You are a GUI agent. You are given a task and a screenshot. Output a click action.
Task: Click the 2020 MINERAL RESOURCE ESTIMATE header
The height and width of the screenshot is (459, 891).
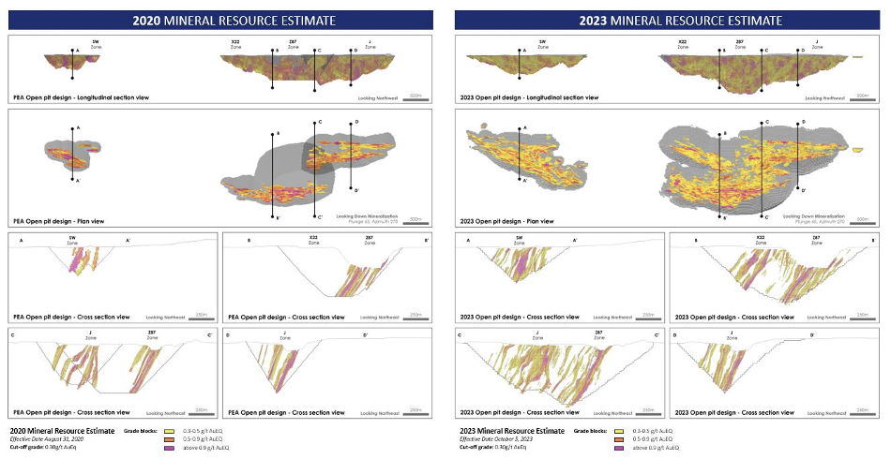pyautogui.click(x=221, y=18)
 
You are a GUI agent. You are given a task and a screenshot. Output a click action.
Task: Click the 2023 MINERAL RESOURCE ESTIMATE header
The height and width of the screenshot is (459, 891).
pyautogui.click(x=667, y=18)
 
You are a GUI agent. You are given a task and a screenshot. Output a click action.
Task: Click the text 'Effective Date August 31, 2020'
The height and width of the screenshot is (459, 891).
pyautogui.click(x=48, y=438)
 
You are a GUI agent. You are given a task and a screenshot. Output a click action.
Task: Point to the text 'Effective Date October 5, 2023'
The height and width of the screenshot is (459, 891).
pyautogui.click(x=494, y=438)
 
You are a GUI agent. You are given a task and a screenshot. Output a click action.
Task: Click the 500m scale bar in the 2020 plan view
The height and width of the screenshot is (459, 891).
pyautogui.click(x=415, y=221)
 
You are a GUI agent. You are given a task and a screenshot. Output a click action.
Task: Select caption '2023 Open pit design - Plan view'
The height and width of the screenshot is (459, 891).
pyautogui.click(x=497, y=221)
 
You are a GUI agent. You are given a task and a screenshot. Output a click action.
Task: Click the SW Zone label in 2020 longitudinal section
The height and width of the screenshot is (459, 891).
pyautogui.click(x=95, y=44)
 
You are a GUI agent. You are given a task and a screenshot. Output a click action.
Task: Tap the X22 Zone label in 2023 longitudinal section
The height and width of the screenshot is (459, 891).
pyautogui.click(x=680, y=44)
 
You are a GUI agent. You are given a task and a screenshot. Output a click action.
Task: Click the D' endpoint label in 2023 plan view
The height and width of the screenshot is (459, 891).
pyautogui.click(x=804, y=190)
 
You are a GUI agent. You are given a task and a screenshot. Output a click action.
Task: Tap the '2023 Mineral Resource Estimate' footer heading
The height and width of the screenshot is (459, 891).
pyautogui.click(x=510, y=430)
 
